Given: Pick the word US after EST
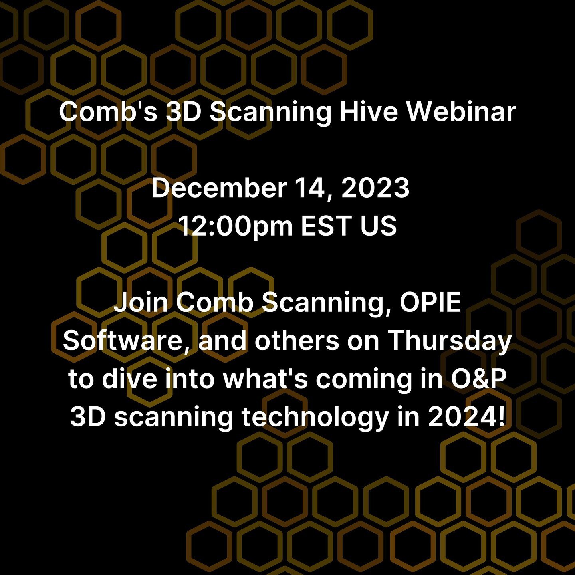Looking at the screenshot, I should pos(378,226).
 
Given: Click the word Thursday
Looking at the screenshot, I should pos(450,341).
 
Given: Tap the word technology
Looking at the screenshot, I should pos(315,418).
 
